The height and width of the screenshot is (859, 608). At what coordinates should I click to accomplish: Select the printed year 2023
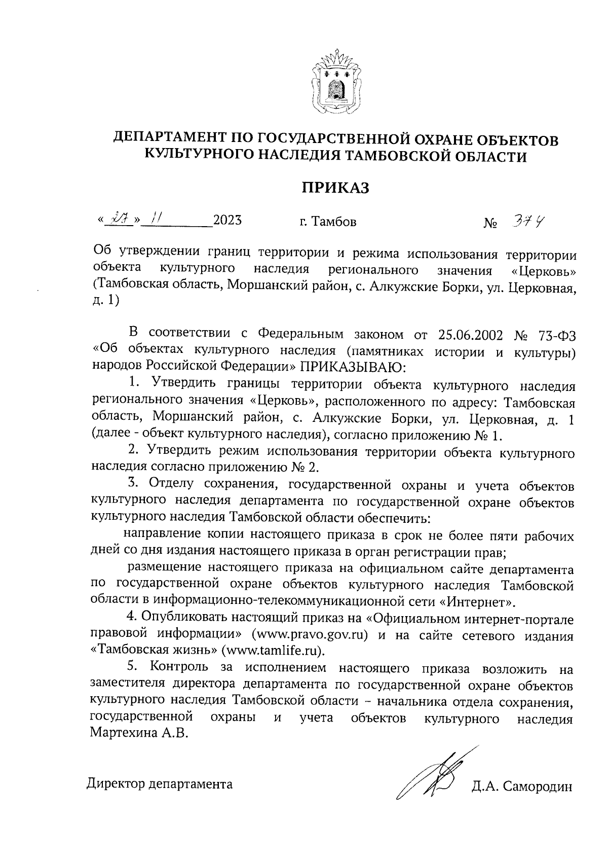pos(227,221)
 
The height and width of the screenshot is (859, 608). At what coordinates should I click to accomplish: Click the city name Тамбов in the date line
pos(334,222)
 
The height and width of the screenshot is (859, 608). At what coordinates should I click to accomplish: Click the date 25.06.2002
pos(469,335)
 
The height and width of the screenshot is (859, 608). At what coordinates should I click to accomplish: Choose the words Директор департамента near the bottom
pos(160,784)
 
